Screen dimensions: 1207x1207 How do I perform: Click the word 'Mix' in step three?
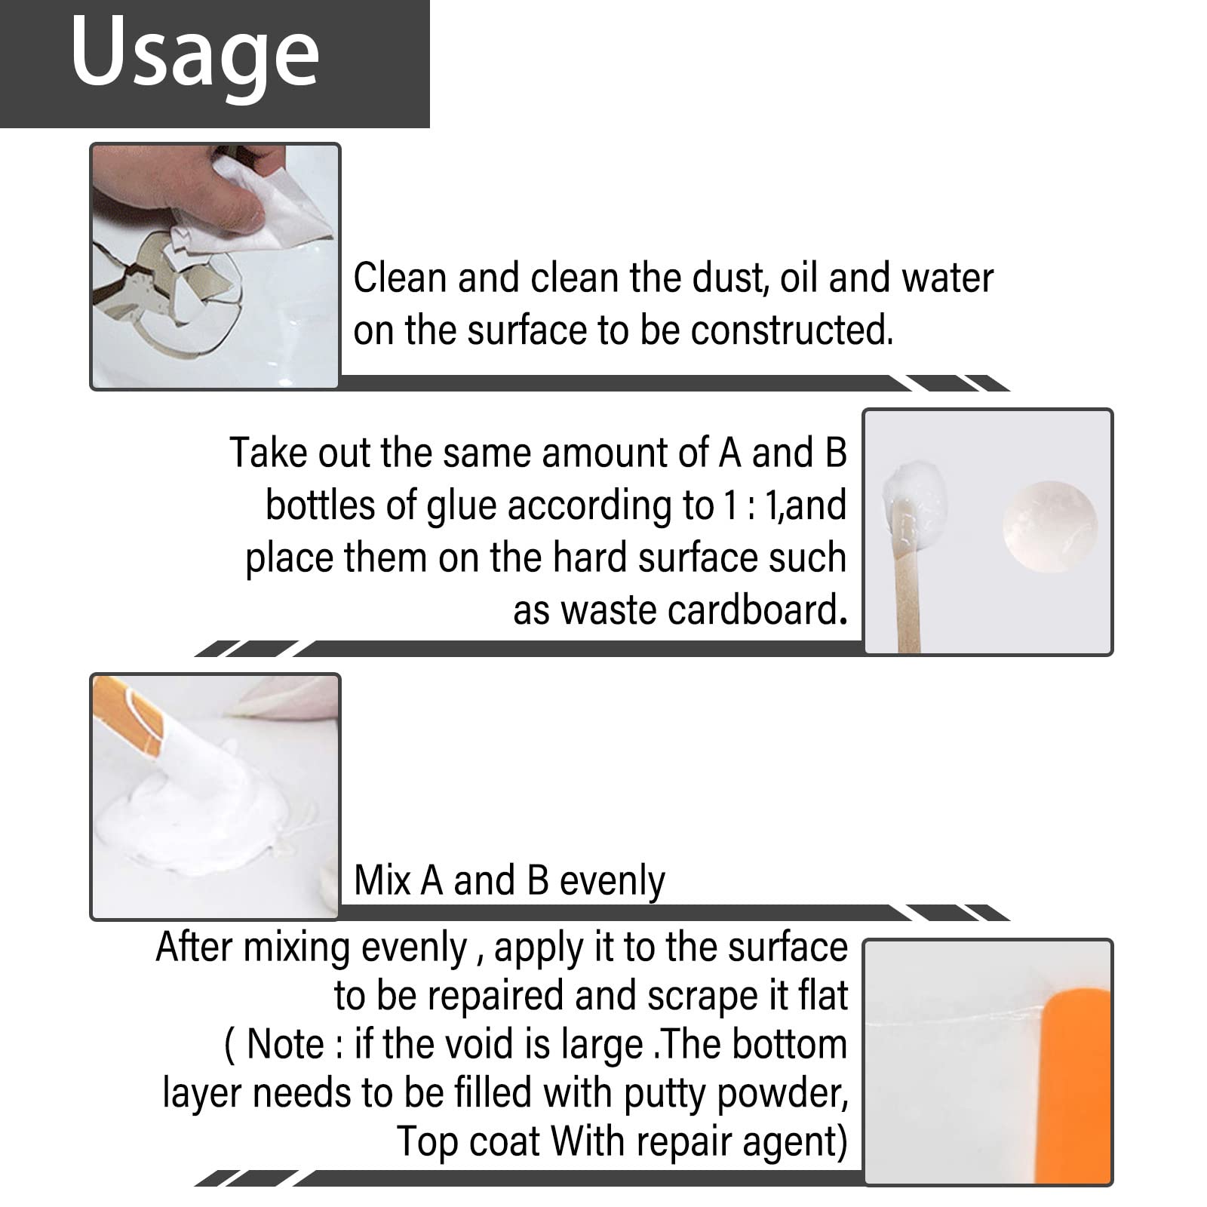point(382,880)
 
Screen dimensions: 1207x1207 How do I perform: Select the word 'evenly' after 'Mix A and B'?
point(613,880)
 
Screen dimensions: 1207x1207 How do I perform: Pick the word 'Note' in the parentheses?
point(284,1045)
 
